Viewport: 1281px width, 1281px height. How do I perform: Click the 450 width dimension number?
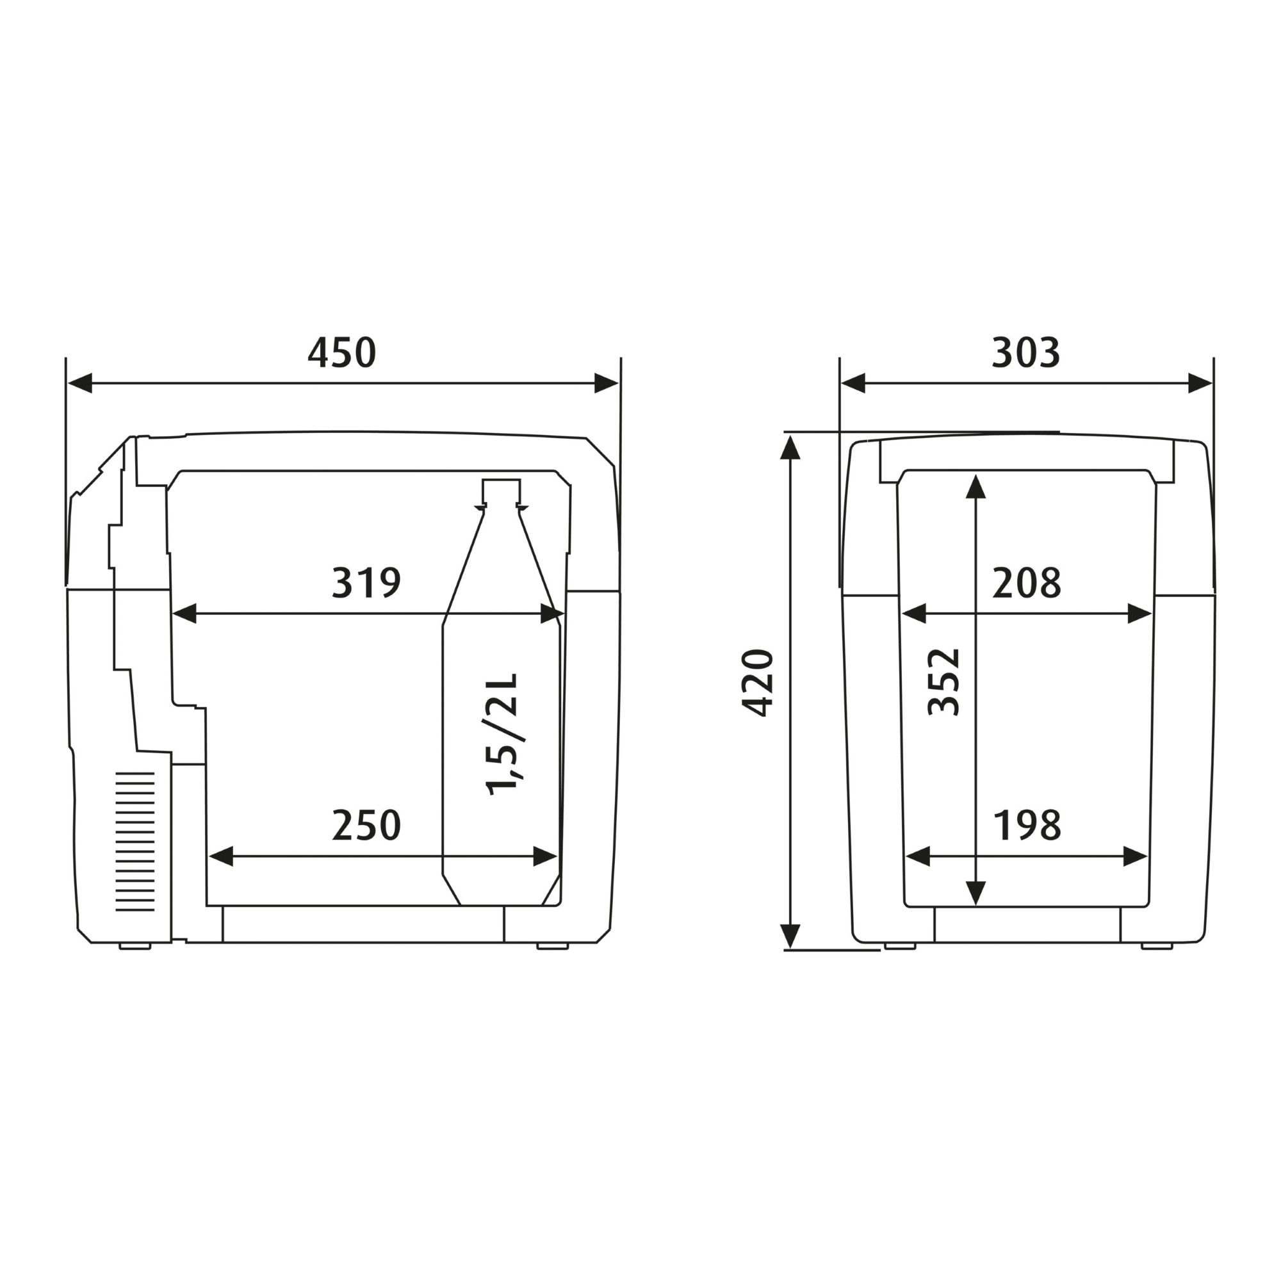341,353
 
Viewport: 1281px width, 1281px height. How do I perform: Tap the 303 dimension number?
1025,353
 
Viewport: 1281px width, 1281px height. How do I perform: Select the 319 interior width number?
366,583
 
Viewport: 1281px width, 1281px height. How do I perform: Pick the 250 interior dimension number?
366,825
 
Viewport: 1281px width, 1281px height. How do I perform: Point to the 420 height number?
757,683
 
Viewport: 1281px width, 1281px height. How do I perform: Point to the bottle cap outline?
502,493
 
